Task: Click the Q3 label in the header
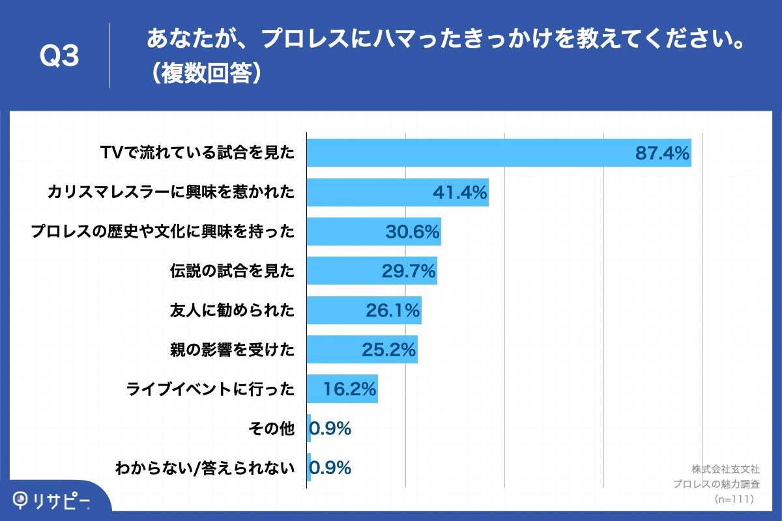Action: (x=60, y=57)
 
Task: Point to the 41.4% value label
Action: (x=460, y=193)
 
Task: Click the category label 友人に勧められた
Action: (x=232, y=311)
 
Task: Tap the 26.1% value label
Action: (x=392, y=311)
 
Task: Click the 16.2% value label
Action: (x=350, y=389)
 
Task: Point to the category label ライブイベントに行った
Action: (x=210, y=389)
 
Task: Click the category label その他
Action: (x=272, y=429)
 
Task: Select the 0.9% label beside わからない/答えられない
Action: (x=330, y=468)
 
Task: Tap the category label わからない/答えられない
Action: (x=205, y=468)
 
